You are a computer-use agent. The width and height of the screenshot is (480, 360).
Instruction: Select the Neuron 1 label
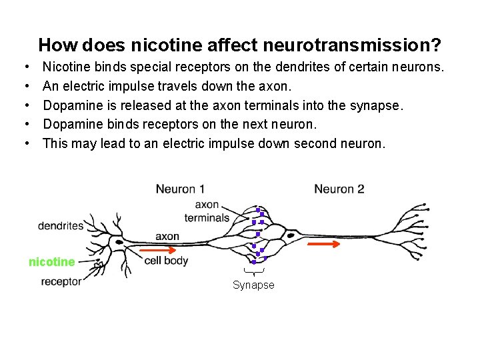coord(180,189)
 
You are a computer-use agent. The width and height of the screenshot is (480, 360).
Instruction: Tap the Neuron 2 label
coord(339,189)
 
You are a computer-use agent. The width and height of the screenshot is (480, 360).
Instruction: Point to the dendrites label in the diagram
coord(61,225)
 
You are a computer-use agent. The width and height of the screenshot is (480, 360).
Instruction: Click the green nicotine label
coord(52,262)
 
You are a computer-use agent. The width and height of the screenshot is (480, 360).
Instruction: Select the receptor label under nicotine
coord(61,281)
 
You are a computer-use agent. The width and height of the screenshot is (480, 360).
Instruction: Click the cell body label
coord(166,261)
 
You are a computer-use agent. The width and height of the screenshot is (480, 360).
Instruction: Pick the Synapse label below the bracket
coord(253,285)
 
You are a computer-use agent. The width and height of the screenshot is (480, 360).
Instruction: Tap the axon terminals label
coord(207,211)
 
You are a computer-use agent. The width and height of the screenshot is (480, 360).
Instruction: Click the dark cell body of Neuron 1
coord(119,241)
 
